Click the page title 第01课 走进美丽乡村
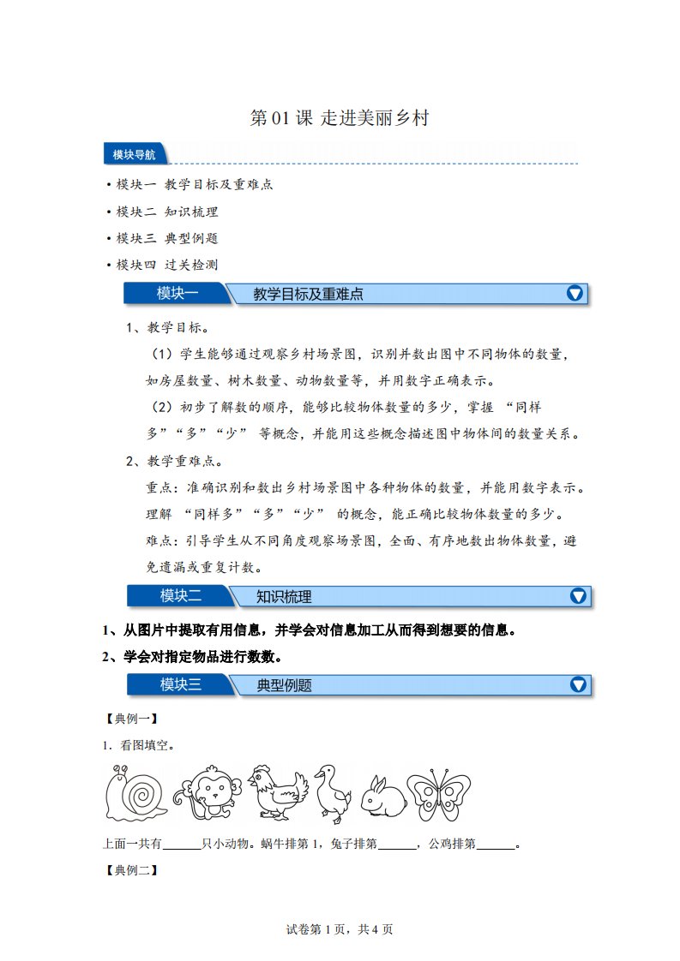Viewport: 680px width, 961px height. point(339,119)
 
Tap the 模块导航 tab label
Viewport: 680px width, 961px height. point(134,155)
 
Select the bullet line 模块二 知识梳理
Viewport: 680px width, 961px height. point(168,212)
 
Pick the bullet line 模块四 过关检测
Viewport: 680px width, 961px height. point(168,265)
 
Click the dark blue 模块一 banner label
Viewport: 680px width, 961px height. point(177,294)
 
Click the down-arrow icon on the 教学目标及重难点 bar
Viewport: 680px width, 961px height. point(575,294)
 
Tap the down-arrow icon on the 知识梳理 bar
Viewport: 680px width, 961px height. point(578,596)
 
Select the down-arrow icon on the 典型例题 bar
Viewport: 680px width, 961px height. point(578,684)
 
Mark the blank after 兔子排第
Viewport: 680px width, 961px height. point(396,845)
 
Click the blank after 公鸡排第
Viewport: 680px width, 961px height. point(496,845)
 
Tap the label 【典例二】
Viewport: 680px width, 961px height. point(129,871)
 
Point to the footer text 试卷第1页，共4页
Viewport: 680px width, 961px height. point(340,929)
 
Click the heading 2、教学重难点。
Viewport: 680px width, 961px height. point(172,461)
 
